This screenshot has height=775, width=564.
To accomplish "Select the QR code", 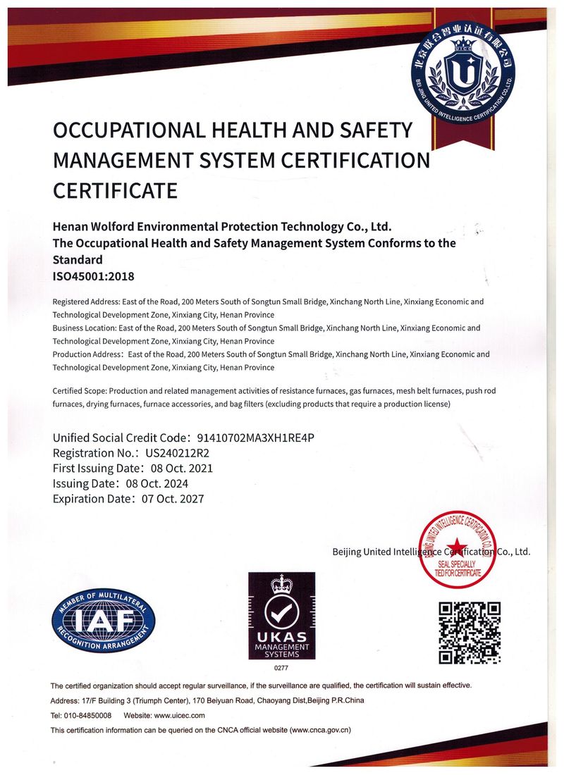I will point(470,633).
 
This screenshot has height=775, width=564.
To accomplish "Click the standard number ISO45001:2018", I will point(93,276).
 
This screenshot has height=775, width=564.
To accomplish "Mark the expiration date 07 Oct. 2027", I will point(173,499).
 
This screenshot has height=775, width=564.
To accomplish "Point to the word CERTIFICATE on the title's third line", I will point(115,190).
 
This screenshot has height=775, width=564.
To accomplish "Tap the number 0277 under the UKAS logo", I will point(281,666).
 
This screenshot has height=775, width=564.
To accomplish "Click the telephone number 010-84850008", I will point(87,715).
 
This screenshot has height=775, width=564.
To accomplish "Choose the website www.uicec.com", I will point(178,715).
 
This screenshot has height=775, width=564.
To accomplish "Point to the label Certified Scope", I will point(79,391).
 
